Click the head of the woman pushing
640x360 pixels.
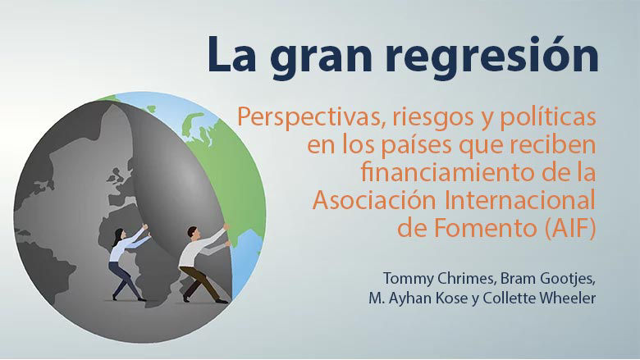click(x=119, y=234)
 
